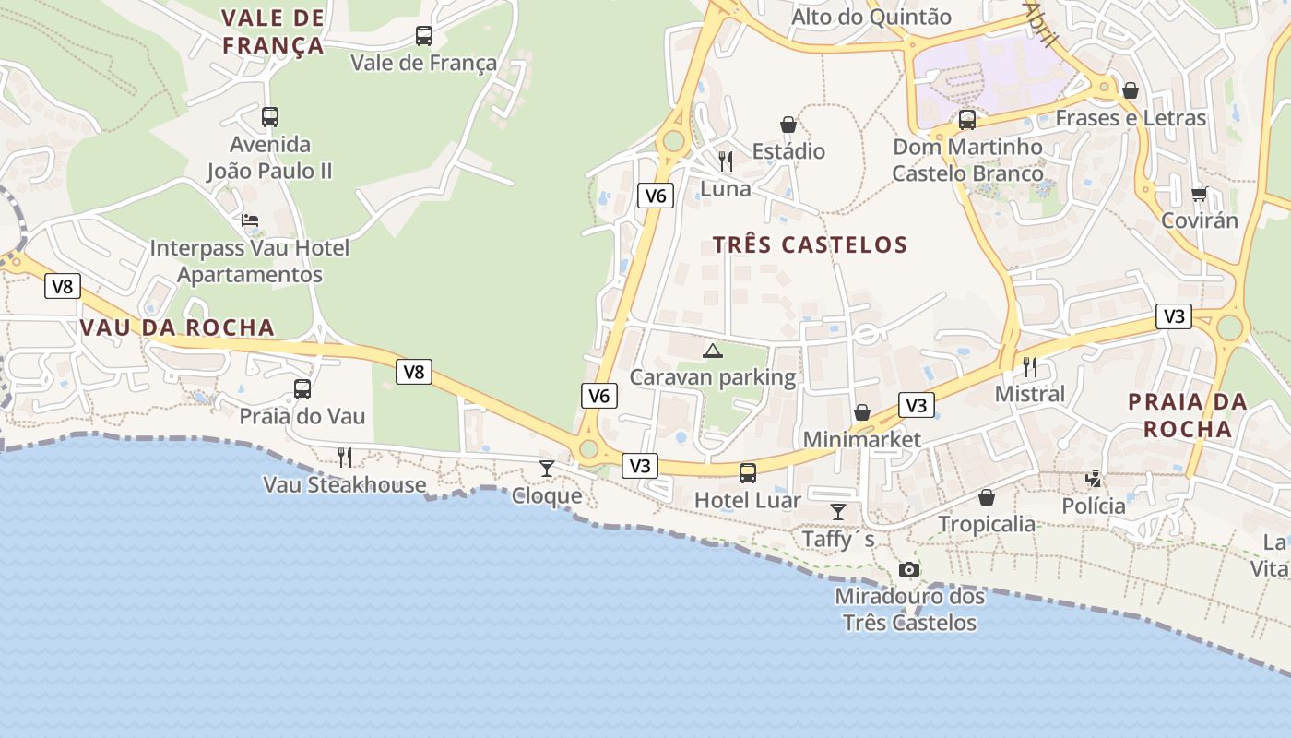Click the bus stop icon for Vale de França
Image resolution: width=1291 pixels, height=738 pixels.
click(423, 36)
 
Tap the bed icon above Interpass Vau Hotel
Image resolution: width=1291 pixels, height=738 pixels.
click(250, 220)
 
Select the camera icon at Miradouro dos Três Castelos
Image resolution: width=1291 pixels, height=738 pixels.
click(909, 569)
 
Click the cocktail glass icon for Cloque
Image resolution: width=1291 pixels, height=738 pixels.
click(547, 469)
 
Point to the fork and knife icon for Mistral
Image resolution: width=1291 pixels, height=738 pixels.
click(1030, 366)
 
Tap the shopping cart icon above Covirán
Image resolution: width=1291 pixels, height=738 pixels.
click(1199, 194)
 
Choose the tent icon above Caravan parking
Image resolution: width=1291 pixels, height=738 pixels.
click(712, 351)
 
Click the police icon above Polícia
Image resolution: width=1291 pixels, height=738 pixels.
click(1094, 479)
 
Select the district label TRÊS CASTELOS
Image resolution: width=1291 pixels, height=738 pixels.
click(810, 244)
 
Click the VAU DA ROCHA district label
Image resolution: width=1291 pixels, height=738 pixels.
click(177, 327)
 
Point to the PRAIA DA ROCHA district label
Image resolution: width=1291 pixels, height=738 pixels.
click(1188, 415)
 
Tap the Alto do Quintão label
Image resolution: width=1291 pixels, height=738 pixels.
click(871, 17)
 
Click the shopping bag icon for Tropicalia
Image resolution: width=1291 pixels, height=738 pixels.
click(987, 497)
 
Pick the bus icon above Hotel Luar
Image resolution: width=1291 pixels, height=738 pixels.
click(748, 473)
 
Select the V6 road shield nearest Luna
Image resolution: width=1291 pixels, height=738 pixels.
click(656, 195)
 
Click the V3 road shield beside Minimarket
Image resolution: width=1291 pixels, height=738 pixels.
click(916, 405)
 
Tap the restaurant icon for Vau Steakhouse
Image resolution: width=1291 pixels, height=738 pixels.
click(345, 457)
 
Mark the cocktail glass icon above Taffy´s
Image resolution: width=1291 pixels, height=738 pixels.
click(838, 512)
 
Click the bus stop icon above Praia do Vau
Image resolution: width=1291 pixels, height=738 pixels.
click(302, 389)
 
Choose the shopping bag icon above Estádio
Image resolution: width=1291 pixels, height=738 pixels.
click(788, 125)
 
